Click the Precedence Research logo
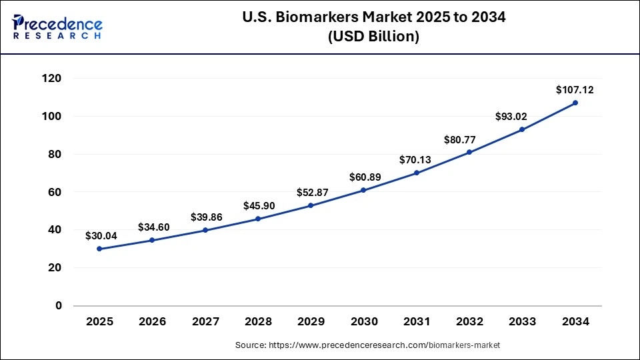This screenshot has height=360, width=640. pyautogui.click(x=57, y=26)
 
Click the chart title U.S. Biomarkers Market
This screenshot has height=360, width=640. pyautogui.click(x=373, y=17)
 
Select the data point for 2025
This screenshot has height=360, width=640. pyautogui.click(x=99, y=249)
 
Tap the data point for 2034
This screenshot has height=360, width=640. pyautogui.click(x=575, y=103)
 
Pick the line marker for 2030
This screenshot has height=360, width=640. pyautogui.click(x=363, y=190)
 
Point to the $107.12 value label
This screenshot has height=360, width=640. pyautogui.click(x=574, y=89)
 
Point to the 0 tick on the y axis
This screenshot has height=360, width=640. pyautogui.click(x=58, y=306)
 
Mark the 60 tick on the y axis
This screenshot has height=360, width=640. pyautogui.click(x=55, y=192)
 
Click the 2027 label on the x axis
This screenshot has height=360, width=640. pyautogui.click(x=205, y=322)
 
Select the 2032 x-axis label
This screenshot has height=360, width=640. pyautogui.click(x=469, y=322)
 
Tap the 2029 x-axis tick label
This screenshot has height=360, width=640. pyautogui.click(x=311, y=322)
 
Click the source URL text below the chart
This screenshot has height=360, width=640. pyautogui.click(x=367, y=345)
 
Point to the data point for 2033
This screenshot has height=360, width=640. pyautogui.click(x=522, y=129)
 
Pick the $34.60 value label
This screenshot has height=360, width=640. pyautogui.click(x=153, y=227)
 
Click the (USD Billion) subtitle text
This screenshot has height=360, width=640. pyautogui.click(x=373, y=37)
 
